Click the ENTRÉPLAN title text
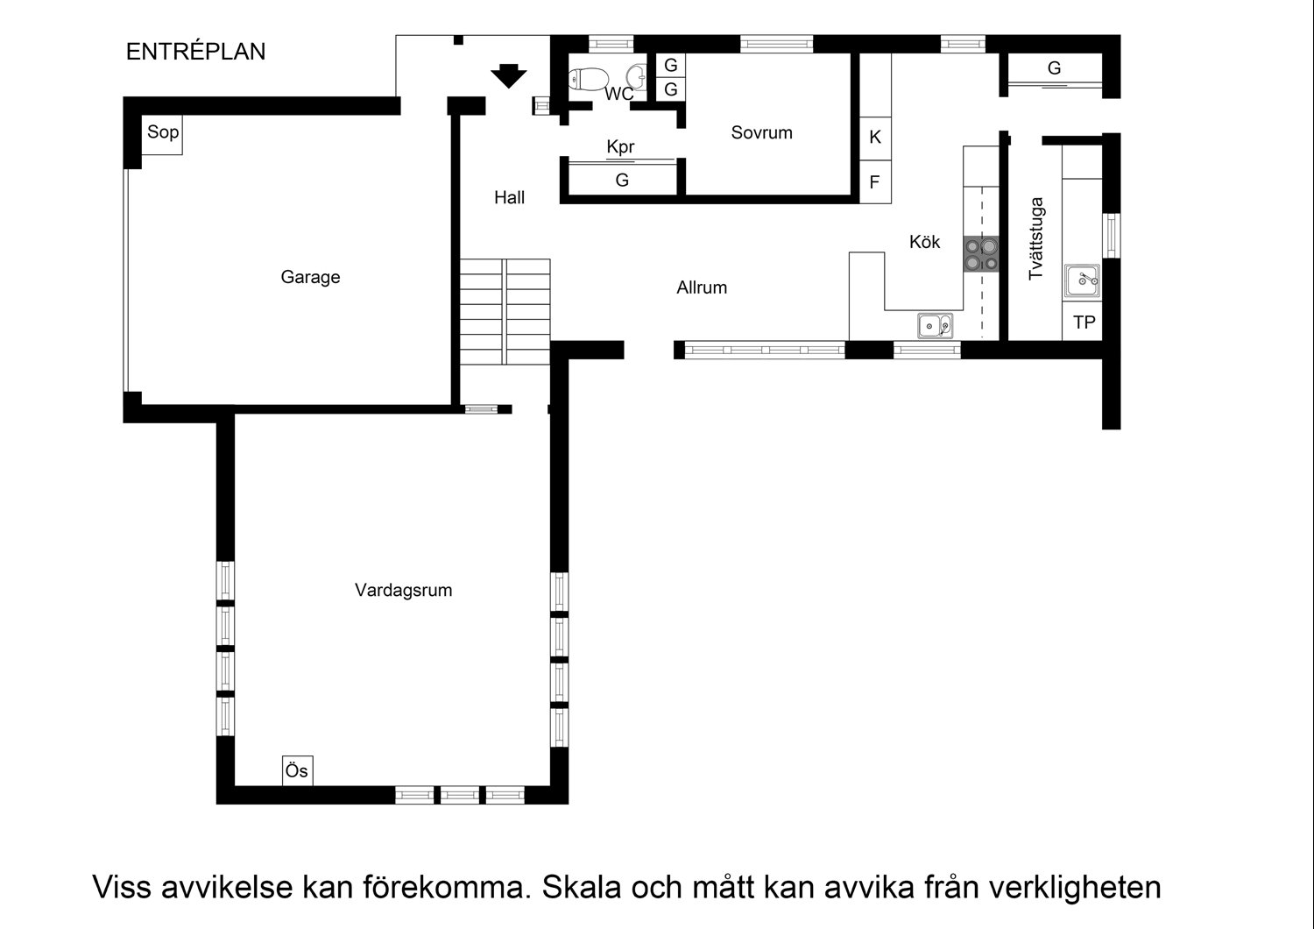pyautogui.click(x=195, y=52)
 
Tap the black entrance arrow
pyautogui.click(x=507, y=76)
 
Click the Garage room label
pyautogui.click(x=310, y=277)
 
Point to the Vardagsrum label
pyautogui.click(x=403, y=590)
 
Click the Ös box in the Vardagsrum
pyautogui.click(x=297, y=771)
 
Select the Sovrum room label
pyautogui.click(x=761, y=133)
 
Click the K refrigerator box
pyautogui.click(x=874, y=138)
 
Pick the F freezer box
pyautogui.click(x=874, y=183)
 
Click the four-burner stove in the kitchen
pyautogui.click(x=981, y=253)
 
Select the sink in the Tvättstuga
pyautogui.click(x=1083, y=281)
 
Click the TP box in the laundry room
pyautogui.click(x=1084, y=323)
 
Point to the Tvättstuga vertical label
pyautogui.click(x=1036, y=238)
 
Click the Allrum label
pyautogui.click(x=702, y=287)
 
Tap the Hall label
pyautogui.click(x=509, y=198)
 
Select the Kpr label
pyautogui.click(x=620, y=147)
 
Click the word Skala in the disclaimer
pyautogui.click(x=585, y=887)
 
